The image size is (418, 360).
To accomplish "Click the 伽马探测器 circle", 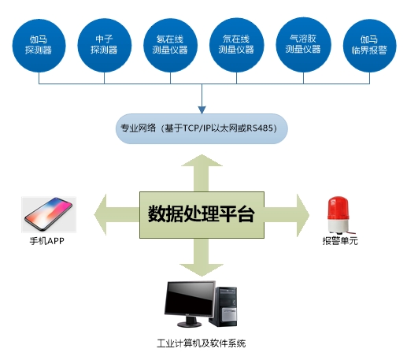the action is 39,46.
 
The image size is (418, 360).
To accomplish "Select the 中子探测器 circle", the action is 105,46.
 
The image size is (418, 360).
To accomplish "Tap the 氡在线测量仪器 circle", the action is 170,46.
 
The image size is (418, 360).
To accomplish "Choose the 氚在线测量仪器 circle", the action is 236,46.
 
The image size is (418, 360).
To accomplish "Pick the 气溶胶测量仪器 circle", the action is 303,45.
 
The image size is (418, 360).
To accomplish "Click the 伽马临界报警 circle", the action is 369,46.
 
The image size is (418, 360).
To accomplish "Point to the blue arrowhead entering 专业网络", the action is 202,110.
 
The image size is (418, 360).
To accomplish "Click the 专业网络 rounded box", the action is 202,129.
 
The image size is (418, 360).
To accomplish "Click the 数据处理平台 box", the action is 202,215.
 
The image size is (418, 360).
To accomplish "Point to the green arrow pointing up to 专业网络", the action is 202,173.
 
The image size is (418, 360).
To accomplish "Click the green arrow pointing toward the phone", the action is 117,215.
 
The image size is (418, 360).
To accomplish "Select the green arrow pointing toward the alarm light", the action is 287,215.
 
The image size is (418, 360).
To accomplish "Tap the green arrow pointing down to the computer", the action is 202,258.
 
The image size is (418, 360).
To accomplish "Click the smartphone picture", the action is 49,214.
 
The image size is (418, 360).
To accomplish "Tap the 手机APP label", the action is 47,241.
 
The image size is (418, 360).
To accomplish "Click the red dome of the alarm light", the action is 338,208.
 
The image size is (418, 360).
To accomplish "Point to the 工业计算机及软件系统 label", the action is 202,343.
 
